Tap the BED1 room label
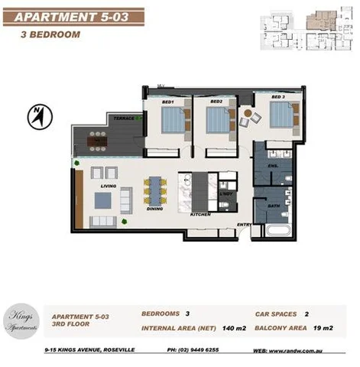167,102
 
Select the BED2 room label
216,102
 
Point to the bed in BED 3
281,115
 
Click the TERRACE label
124,119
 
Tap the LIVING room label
108,186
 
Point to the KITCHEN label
200,215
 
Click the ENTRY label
244,224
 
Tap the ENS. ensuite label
271,164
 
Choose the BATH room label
272,206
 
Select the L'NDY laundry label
226,194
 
